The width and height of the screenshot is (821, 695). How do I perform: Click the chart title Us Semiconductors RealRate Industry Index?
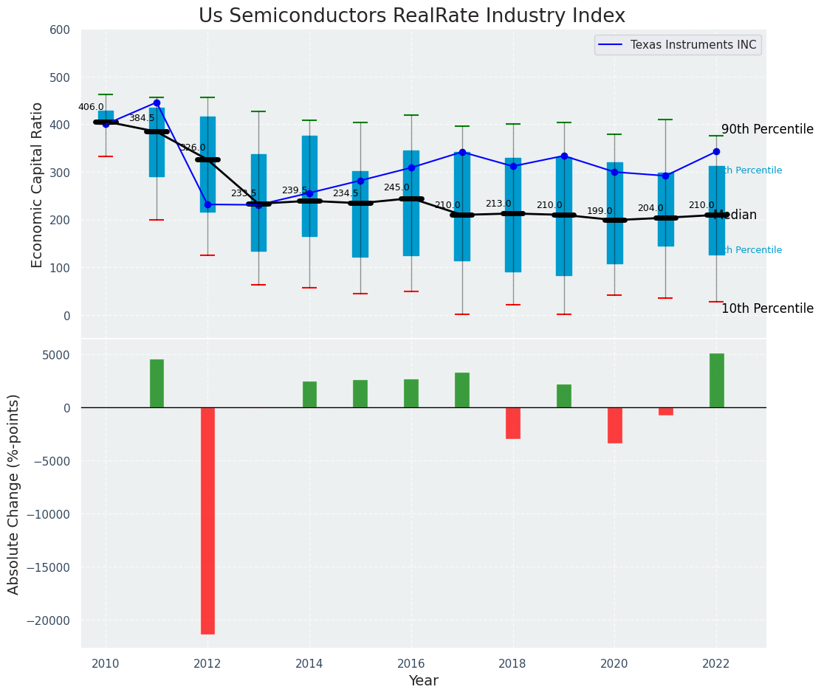pos(411,16)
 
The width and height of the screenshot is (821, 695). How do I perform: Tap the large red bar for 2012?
pos(207,520)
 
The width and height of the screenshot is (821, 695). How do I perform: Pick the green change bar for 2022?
pos(716,381)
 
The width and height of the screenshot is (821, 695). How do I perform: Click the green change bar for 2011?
pos(157,384)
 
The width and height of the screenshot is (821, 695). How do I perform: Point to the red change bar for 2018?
pos(513,423)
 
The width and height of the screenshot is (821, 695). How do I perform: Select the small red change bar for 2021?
pos(665,411)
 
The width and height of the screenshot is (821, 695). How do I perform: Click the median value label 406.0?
pos(92,108)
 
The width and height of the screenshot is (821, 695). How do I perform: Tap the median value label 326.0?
pos(193,148)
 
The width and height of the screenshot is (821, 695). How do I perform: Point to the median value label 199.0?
pos(600,212)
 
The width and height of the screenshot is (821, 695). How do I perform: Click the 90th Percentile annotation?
pos(767,130)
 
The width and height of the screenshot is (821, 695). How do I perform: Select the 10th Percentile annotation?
pos(767,309)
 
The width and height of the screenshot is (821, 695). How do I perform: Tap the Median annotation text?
pos(735,215)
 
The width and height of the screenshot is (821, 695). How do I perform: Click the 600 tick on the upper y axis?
pos(60,30)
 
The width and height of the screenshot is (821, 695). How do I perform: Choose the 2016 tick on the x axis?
pos(410,663)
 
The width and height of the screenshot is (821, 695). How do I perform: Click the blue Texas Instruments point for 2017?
pos(462,152)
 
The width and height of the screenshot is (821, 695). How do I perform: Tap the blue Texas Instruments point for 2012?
pos(207,204)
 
